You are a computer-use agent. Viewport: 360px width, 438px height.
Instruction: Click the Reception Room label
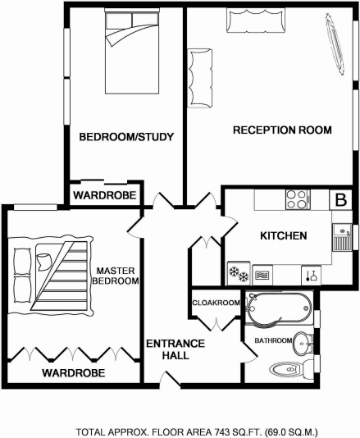(281, 130)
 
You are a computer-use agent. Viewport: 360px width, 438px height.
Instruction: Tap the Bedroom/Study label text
(125, 137)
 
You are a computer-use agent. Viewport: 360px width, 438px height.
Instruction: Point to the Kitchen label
(283, 236)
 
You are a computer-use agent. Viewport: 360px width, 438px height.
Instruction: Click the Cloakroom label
(216, 303)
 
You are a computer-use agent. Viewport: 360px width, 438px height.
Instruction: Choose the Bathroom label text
(273, 340)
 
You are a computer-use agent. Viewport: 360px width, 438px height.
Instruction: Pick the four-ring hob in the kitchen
(295, 198)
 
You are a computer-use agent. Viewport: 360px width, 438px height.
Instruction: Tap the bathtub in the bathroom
(279, 308)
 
